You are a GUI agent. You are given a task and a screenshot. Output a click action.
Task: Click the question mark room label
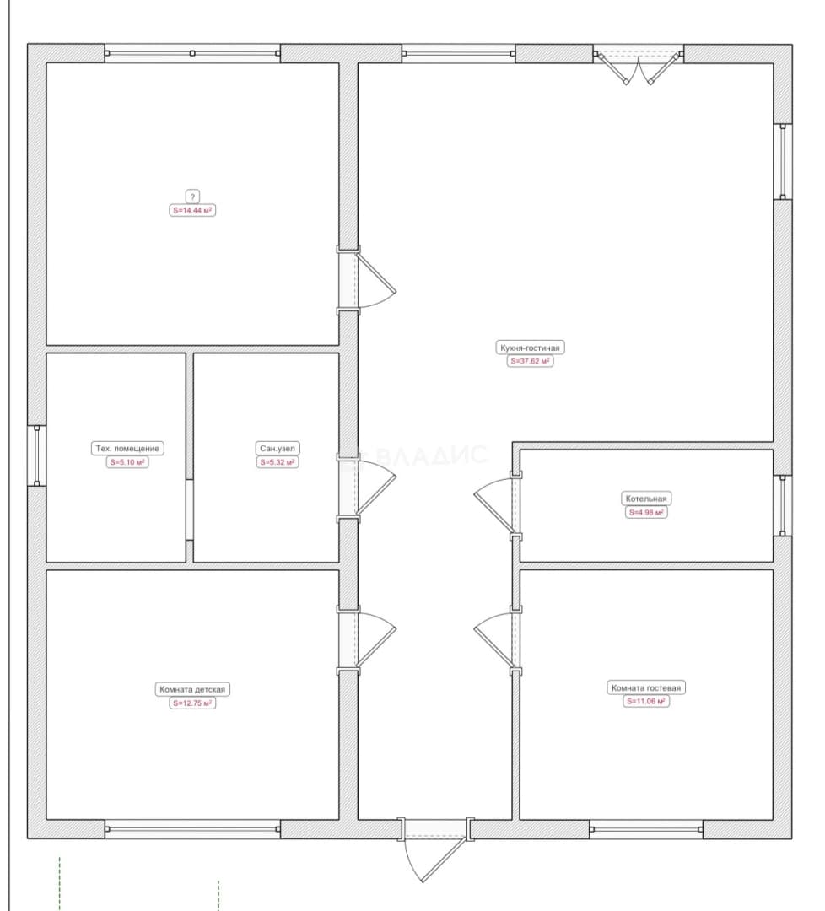pos(192,197)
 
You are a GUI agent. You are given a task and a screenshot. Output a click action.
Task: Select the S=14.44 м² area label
pos(192,210)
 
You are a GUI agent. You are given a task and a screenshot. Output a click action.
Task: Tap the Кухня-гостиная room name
pos(530,348)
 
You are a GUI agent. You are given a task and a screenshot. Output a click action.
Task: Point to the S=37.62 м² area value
pos(530,361)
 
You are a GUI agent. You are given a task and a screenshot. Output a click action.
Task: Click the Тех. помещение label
pos(127,449)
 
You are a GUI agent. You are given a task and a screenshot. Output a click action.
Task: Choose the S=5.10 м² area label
pos(127,462)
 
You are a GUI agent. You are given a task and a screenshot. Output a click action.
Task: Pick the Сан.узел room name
pos(278,449)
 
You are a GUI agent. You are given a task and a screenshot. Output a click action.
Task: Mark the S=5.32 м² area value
pos(278,462)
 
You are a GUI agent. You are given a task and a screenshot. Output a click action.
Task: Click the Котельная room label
pos(646,499)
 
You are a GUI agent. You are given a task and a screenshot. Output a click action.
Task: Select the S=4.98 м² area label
pos(646,513)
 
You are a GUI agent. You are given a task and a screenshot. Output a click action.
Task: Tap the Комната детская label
pos(192,689)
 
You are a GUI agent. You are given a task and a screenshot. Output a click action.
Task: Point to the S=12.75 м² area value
pos(192,703)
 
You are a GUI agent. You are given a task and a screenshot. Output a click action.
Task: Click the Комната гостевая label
pos(646,688)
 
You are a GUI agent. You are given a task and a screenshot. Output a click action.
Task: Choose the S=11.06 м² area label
pos(646,701)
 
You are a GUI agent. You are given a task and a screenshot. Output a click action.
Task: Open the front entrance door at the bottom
pos(434,849)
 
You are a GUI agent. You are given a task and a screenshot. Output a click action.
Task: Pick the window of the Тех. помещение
pos(36,455)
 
